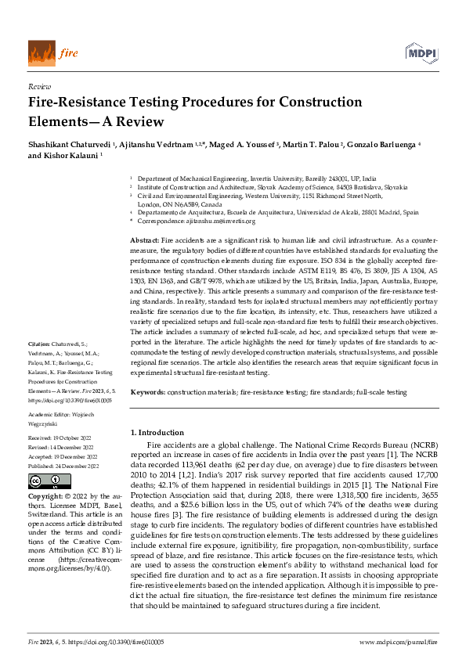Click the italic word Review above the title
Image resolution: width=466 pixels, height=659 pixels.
point(38,87)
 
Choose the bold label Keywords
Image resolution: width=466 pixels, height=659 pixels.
point(148,391)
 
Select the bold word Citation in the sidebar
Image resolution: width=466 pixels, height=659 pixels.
point(40,344)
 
